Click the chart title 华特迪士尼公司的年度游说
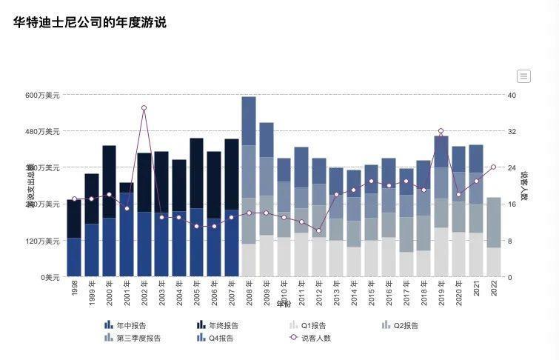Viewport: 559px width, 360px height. click(x=90, y=23)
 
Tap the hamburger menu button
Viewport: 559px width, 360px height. click(x=523, y=76)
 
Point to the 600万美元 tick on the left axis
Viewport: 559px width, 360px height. click(x=42, y=96)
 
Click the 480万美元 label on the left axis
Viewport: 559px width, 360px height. click(x=42, y=132)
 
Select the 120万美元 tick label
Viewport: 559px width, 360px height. click(x=42, y=241)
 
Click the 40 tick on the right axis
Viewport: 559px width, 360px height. click(x=512, y=96)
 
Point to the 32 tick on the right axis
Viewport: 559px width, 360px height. click(x=512, y=132)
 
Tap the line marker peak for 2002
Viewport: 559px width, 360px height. click(x=144, y=108)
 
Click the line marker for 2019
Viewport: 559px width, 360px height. click(x=441, y=131)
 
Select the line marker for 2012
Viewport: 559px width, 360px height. click(x=319, y=231)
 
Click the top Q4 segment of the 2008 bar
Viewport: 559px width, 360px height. click(x=249, y=121)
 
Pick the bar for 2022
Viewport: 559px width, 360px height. click(x=494, y=237)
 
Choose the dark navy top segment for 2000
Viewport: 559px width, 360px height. click(x=110, y=181)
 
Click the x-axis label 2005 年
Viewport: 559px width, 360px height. click(x=197, y=293)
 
